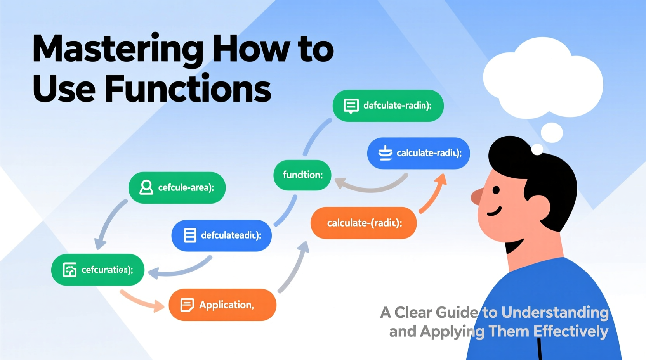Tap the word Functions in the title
(x=188, y=89)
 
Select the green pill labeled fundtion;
(x=302, y=175)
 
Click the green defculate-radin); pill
(x=388, y=106)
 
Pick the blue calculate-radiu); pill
(x=419, y=153)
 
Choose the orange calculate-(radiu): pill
(x=363, y=223)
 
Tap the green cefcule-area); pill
(x=177, y=188)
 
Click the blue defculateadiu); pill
(x=221, y=235)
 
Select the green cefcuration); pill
(x=98, y=270)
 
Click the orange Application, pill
(x=222, y=305)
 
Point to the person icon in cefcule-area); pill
(x=146, y=187)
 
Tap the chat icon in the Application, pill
(x=187, y=305)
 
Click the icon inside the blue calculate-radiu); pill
(x=385, y=153)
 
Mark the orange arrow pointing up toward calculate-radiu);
(x=434, y=194)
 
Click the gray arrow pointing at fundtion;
(x=369, y=186)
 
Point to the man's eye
(x=496, y=190)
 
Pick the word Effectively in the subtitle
(x=570, y=332)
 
